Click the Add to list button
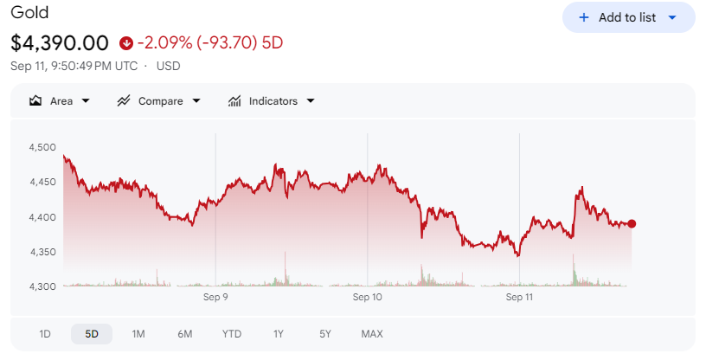(x=628, y=17)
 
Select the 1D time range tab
(x=45, y=334)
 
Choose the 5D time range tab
(x=92, y=334)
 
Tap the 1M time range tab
(x=138, y=334)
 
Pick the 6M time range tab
(x=185, y=334)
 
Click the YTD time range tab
(x=232, y=334)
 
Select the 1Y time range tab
(x=279, y=334)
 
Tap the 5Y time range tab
(x=325, y=334)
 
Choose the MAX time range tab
(x=372, y=334)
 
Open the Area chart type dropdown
(x=60, y=101)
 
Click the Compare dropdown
(x=159, y=101)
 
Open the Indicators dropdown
(x=271, y=101)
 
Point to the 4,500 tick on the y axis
(x=42, y=147)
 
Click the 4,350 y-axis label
(x=42, y=252)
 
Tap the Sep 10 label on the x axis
(x=368, y=297)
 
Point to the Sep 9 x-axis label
(x=215, y=297)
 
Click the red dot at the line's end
(x=632, y=224)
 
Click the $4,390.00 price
(x=60, y=42)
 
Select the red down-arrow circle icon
(x=126, y=43)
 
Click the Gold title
(x=29, y=12)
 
